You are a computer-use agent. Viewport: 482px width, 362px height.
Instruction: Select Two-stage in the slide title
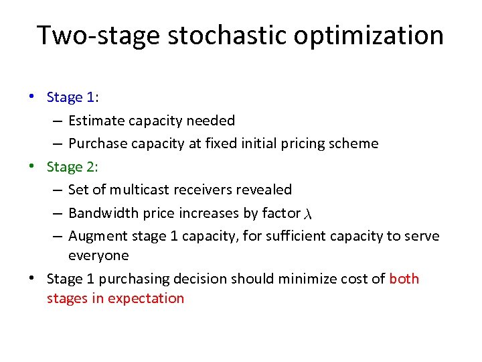tap(98, 35)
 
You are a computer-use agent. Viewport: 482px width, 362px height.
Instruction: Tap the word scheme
tap(355, 143)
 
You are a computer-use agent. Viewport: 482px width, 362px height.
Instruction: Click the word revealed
tap(265, 190)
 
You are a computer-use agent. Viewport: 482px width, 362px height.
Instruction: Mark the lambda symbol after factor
tap(308, 214)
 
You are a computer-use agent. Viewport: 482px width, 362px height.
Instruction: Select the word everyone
tap(98, 255)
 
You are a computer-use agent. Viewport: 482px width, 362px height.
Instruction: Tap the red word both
tap(404, 278)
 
